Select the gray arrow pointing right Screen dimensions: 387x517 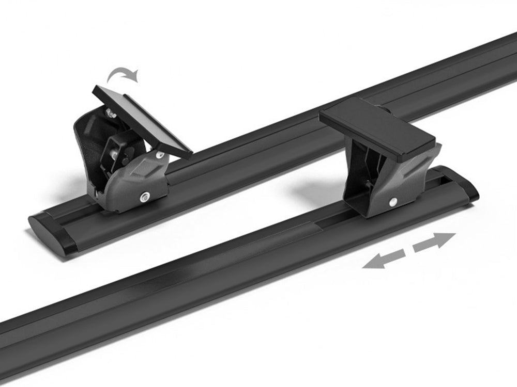[434, 241]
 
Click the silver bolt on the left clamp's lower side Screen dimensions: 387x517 [145, 196]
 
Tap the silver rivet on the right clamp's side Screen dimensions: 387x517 [393, 202]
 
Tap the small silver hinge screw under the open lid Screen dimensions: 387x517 [159, 154]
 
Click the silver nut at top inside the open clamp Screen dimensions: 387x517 [110, 112]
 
